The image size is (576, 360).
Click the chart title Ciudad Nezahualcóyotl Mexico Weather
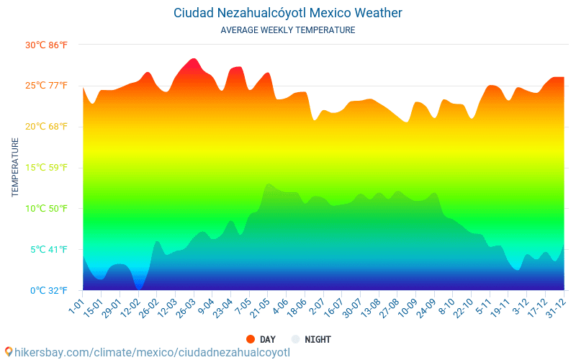[x=288, y=13]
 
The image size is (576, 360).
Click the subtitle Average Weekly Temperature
[x=288, y=30]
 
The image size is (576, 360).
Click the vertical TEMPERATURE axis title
[x=15, y=168]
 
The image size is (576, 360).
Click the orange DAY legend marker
[x=251, y=339]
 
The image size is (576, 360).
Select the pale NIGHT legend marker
[x=295, y=339]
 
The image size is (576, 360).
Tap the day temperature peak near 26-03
[x=193, y=60]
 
